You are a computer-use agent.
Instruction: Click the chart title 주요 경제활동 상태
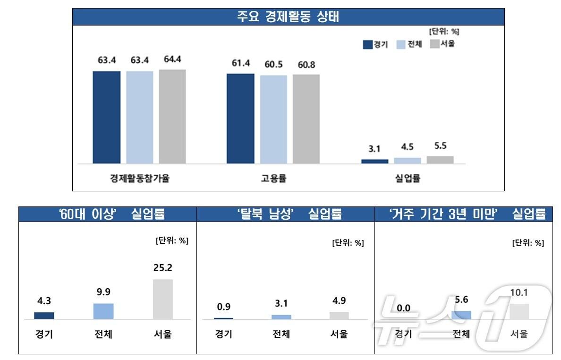coord(288,17)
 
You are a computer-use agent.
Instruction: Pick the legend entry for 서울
coord(442,44)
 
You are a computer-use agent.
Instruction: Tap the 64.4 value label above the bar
coord(172,60)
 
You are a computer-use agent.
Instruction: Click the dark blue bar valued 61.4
coord(240,119)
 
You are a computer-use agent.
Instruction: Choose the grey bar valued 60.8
coord(306,119)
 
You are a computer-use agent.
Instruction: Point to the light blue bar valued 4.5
coord(407,161)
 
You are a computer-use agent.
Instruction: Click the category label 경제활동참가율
coord(139,179)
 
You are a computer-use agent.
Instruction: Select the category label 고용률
coord(273,179)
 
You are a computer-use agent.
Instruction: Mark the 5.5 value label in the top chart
coord(440,146)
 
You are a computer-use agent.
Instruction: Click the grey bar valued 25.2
coord(163,299)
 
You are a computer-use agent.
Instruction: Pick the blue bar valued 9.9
coord(103,311)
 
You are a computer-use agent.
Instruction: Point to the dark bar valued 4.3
coord(44,316)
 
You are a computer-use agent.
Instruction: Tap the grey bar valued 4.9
coord(339,316)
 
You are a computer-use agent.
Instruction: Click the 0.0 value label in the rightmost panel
coord(403,308)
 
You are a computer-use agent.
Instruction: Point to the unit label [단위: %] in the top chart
coord(444,32)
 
